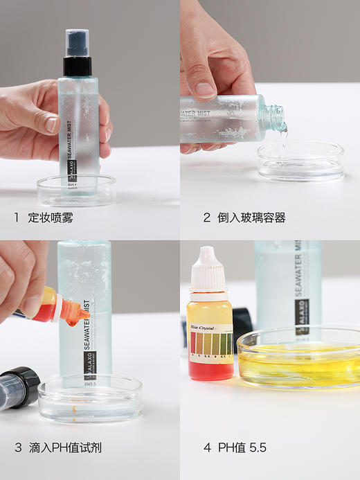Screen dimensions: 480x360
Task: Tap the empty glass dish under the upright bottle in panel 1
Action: [76, 192]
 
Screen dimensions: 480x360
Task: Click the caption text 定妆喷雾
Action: [51, 218]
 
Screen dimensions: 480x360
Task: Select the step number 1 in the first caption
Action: [17, 218]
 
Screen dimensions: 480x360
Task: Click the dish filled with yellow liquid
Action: [300, 357]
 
